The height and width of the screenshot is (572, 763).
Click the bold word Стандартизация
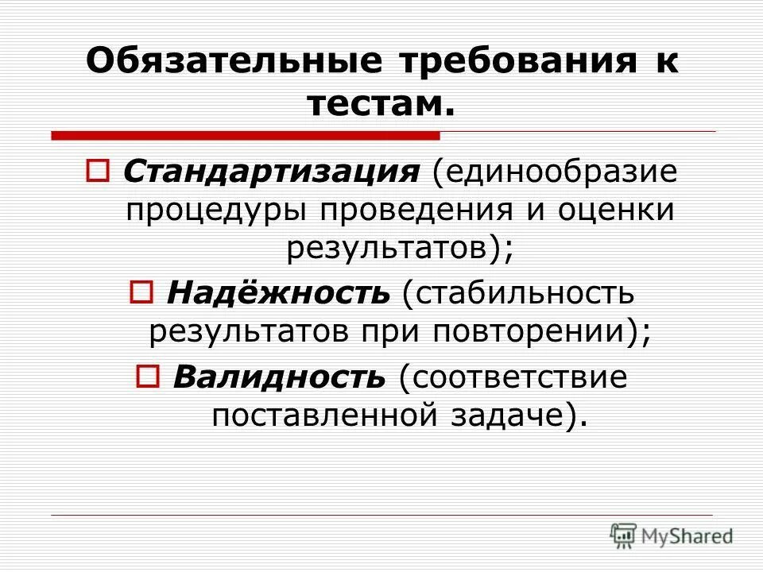pos(271,172)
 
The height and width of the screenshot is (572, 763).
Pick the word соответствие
pos(513,375)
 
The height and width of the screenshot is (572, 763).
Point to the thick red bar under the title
pos(246,135)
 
